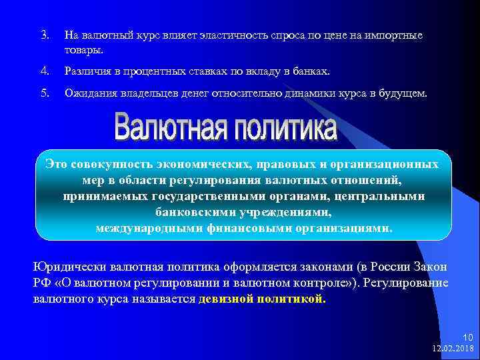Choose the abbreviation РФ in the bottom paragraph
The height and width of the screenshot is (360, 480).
41,283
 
